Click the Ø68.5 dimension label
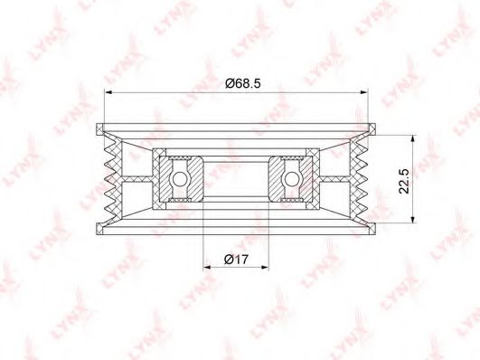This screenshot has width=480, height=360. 243,83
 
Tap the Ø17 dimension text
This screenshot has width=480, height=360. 236,260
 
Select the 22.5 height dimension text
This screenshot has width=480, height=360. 404,181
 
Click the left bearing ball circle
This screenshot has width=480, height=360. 179,179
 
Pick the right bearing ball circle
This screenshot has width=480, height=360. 292,179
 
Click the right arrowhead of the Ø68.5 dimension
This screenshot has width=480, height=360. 363,92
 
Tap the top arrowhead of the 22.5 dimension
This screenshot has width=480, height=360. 412,139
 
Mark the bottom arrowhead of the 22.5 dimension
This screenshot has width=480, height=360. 412,219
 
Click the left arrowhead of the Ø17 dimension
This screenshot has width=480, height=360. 208,268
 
